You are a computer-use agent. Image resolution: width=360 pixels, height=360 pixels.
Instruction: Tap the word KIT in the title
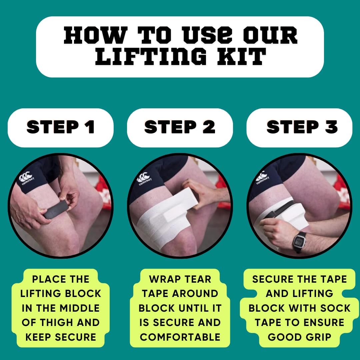242,56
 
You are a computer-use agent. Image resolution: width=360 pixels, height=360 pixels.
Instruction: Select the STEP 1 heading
61,127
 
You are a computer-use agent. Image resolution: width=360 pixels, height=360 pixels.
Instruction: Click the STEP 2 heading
180,127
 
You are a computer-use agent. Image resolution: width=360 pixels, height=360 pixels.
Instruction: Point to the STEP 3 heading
302,127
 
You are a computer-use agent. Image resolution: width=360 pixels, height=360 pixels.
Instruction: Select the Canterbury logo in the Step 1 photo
26,178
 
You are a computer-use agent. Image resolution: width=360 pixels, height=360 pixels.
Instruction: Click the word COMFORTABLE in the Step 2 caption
180,337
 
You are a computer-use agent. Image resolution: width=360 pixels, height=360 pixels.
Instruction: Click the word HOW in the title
96,35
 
